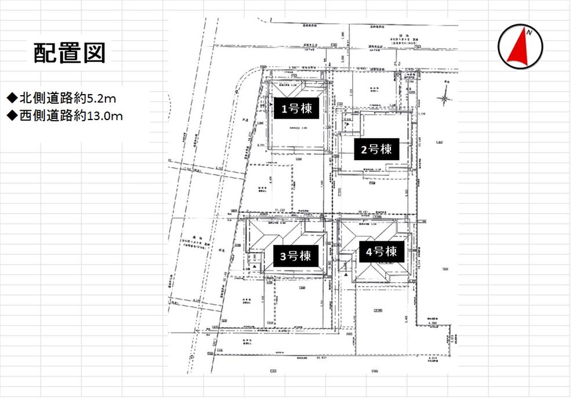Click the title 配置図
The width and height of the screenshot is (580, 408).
point(69,53)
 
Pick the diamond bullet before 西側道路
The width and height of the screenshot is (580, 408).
point(11,116)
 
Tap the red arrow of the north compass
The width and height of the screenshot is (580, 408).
point(518,49)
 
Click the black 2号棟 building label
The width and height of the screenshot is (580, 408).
point(376,150)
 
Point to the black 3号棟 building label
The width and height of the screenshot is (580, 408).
point(296,256)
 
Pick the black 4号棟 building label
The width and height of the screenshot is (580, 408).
point(381,252)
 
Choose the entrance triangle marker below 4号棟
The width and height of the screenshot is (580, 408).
point(346,268)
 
